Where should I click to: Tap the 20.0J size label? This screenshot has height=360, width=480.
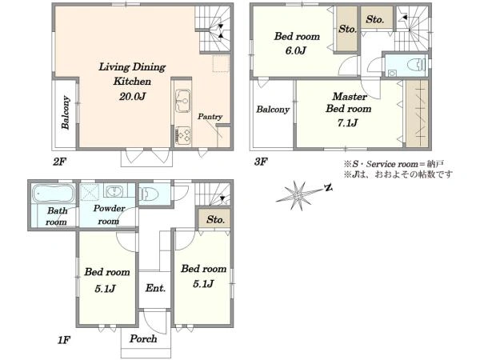coord(132,97)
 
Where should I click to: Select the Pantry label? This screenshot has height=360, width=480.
coord(210,117)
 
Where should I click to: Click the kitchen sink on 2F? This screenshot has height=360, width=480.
coord(182,101)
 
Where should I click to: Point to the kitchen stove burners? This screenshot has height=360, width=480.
coord(182,136)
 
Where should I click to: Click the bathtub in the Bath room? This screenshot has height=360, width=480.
coord(54,193)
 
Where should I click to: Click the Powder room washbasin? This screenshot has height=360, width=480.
coord(114,191)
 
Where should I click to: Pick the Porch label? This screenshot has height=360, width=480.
coord(143,338)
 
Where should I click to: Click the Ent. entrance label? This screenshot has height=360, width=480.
coord(155,288)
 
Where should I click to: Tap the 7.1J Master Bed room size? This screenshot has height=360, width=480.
coord(347,123)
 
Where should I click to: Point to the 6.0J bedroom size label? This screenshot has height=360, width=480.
coord(296,50)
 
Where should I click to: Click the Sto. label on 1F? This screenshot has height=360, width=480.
coord(215,219)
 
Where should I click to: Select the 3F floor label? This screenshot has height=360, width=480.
coord(261,162)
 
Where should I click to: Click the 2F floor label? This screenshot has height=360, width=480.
coord(59,162)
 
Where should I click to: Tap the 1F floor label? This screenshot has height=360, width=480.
coord(64,340)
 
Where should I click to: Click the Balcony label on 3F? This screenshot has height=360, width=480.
coord(273,110)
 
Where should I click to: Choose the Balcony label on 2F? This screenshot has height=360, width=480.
coord(66,113)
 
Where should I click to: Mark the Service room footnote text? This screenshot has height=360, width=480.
coord(394,164)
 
